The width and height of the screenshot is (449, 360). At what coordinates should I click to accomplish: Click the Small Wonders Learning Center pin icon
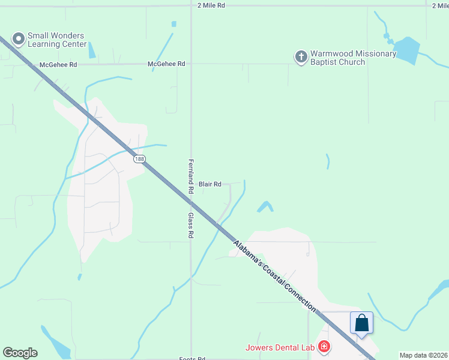tap(19, 40)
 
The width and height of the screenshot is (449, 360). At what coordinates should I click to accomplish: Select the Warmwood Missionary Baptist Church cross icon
tap(301, 57)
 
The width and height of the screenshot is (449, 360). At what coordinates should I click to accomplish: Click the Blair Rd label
tap(210, 184)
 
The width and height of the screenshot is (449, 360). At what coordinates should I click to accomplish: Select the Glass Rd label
tap(191, 226)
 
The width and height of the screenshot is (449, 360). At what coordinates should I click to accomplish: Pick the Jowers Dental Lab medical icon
tap(324, 346)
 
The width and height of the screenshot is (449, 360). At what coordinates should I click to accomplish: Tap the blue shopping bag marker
tap(362, 322)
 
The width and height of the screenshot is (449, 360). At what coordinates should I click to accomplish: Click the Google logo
tap(20, 353)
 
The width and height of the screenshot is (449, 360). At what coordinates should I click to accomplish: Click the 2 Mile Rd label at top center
tap(211, 5)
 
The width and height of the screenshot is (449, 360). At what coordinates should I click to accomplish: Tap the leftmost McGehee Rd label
tap(58, 64)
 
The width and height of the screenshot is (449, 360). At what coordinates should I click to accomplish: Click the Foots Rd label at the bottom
tap(192, 358)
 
